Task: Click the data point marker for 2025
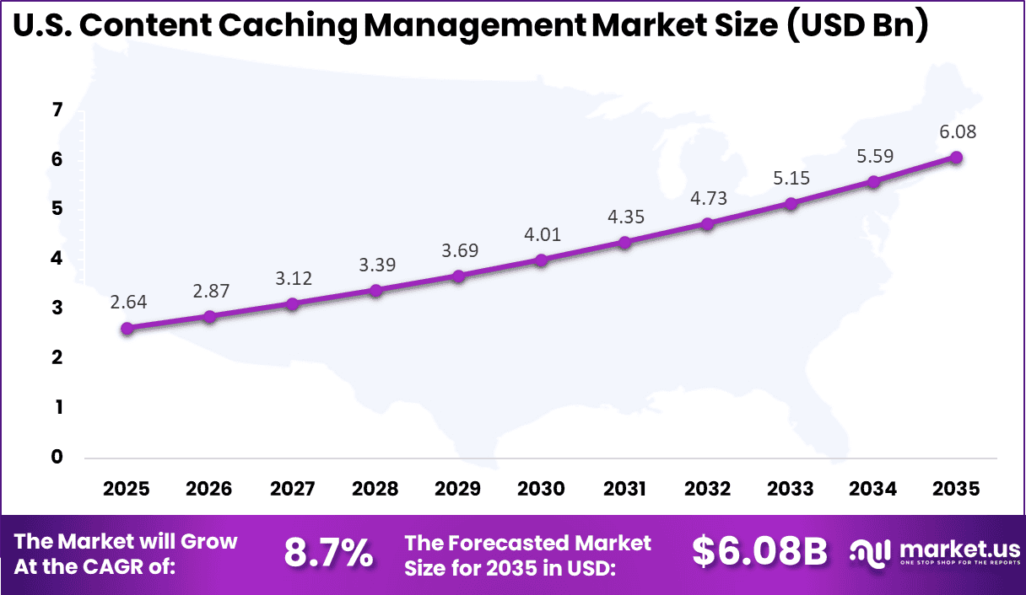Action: [x=127, y=329]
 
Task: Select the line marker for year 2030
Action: [x=542, y=260]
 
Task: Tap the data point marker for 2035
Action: [x=956, y=158]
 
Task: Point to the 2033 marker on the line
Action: [x=791, y=204]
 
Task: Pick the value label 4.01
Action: [x=542, y=234]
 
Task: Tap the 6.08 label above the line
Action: [x=956, y=131]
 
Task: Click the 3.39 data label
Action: [x=375, y=265]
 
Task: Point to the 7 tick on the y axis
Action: [x=57, y=110]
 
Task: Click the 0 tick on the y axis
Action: [x=57, y=458]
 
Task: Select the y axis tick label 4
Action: [x=57, y=259]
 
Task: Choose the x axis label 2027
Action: [x=293, y=490]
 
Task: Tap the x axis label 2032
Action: [x=708, y=490]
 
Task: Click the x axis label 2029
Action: [x=458, y=490]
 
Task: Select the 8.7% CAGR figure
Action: [x=328, y=553]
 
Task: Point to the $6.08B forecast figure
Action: [x=759, y=552]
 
